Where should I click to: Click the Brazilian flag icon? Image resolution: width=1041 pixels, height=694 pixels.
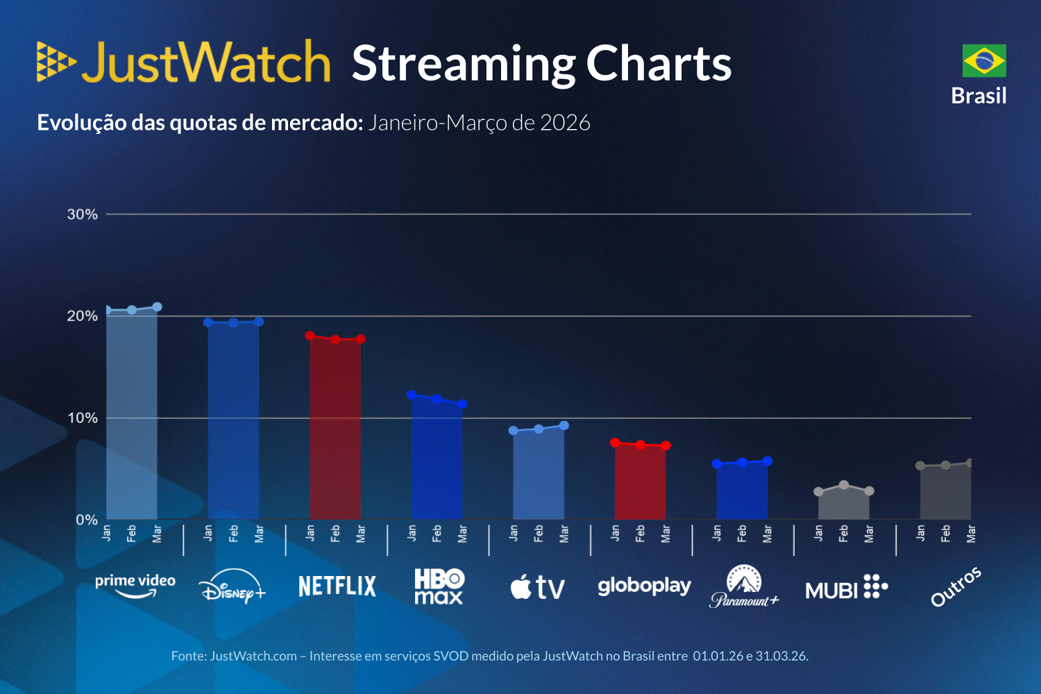tap(984, 60)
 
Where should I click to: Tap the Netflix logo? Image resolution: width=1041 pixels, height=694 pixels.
tap(337, 586)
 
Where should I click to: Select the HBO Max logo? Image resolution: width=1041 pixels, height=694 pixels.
tap(439, 586)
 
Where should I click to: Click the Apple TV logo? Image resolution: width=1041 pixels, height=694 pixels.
tap(538, 588)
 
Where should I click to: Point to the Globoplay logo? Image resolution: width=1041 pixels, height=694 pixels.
tap(644, 586)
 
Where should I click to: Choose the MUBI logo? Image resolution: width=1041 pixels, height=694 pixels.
tap(846, 587)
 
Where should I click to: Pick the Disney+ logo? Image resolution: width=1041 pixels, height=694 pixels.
tap(232, 587)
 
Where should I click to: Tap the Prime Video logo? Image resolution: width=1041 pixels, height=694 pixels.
tap(135, 584)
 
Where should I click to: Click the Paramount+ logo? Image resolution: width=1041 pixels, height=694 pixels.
tap(744, 587)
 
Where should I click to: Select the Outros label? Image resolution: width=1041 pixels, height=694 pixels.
tap(956, 586)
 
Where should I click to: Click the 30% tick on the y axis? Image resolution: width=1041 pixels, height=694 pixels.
tap(83, 214)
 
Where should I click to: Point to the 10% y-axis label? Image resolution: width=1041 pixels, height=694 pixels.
tap(83, 418)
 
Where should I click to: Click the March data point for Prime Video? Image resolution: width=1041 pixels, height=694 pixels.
tap(157, 307)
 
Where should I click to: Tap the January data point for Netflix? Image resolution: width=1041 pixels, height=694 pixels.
tap(310, 336)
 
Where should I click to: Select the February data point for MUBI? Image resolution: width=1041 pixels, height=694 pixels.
tap(844, 485)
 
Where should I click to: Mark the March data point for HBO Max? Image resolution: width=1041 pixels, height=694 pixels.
tap(462, 404)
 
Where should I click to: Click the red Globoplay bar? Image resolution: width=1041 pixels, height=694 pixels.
tap(640, 482)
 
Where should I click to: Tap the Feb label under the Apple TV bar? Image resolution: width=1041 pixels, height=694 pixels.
tap(539, 533)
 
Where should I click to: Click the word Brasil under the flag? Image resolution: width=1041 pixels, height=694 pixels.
tap(979, 96)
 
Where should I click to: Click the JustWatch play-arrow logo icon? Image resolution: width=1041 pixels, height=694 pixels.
tap(56, 62)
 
